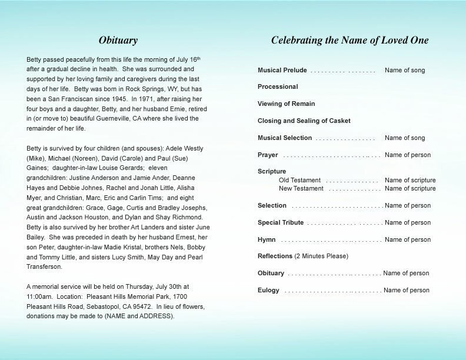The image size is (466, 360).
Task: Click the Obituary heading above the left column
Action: (118, 41)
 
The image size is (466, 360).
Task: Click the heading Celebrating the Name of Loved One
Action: (349, 41)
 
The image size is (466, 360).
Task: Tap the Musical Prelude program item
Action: (282, 70)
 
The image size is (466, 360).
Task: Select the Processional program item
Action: (278, 87)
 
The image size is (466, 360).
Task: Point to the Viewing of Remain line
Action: (286, 104)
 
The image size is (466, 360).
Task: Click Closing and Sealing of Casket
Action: (304, 121)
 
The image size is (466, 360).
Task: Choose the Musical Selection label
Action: (285, 138)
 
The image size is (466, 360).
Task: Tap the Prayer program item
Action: (268, 155)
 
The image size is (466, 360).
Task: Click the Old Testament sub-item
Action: (299, 181)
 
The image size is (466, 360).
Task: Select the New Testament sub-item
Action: (301, 189)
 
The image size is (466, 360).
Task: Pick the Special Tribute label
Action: (281, 223)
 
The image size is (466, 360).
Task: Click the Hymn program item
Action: (267, 240)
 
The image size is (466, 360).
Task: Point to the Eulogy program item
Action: (268, 291)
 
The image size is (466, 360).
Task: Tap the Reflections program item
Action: (275, 256)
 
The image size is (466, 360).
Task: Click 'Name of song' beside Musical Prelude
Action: (405, 71)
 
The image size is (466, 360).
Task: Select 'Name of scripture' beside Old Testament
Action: (410, 181)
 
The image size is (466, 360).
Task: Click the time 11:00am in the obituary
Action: (41, 296)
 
